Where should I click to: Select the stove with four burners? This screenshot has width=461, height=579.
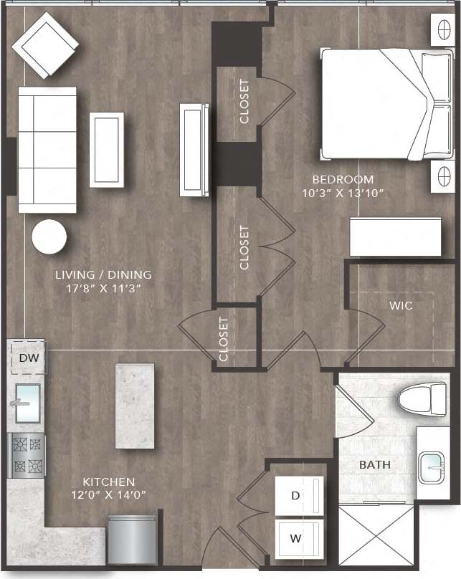tap(27, 456)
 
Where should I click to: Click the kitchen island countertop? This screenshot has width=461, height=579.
tap(135, 405)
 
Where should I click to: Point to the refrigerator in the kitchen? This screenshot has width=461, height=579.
tap(132, 538)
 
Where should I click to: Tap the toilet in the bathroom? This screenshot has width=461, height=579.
tap(422, 398)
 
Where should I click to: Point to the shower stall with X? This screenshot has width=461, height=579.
tap(376, 537)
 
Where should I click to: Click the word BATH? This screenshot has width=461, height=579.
tap(375, 465)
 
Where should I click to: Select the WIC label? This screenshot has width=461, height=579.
tap(401, 305)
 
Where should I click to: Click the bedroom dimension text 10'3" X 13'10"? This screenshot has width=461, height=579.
tap(343, 193)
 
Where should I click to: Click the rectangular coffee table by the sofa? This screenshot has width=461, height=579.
tap(106, 149)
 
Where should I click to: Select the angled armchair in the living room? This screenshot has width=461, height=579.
tap(45, 44)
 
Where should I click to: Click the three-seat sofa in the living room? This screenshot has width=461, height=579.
tap(47, 149)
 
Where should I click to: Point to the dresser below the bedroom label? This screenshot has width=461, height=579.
tap(395, 236)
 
